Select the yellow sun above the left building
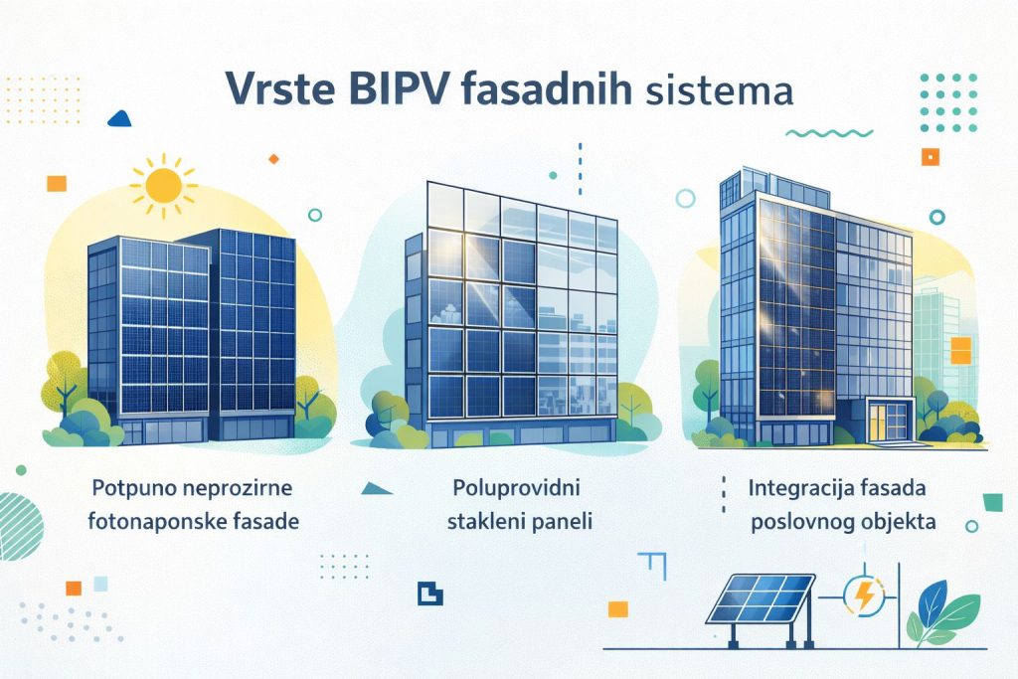(x=162, y=185)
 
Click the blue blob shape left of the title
(x=119, y=118)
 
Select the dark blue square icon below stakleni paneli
(x=429, y=592)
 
